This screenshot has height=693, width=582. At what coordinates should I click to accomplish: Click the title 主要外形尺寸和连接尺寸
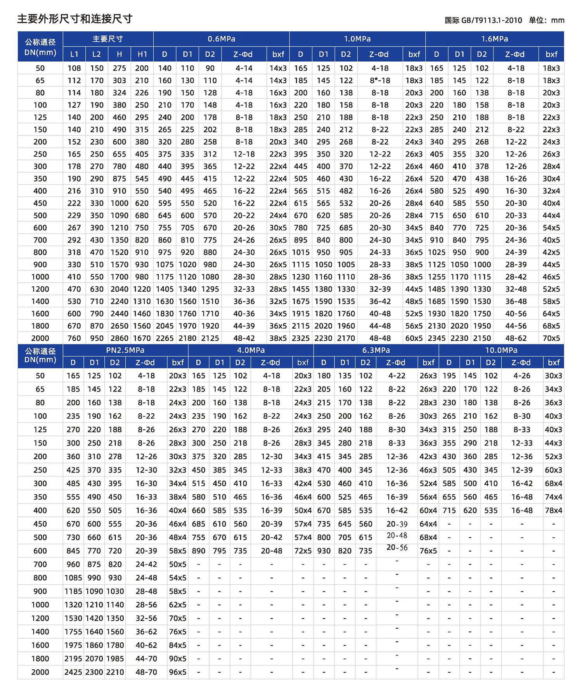(x=75, y=19)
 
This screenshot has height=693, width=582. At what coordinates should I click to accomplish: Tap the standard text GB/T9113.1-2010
(x=491, y=20)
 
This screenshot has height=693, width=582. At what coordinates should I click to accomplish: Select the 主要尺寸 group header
(x=108, y=39)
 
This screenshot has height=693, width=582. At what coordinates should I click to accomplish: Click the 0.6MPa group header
(x=221, y=39)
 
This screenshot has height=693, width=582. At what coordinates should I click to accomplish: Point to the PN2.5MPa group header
(x=125, y=350)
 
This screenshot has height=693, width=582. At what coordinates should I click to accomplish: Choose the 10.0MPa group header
(x=501, y=350)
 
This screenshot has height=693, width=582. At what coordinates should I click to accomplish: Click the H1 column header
(x=142, y=54)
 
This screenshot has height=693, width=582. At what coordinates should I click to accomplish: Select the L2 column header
(x=97, y=54)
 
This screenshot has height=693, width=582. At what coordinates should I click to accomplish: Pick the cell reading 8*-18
(x=380, y=80)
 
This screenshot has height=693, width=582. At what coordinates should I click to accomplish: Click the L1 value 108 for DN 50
(x=74, y=68)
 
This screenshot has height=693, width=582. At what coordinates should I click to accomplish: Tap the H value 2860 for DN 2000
(x=119, y=338)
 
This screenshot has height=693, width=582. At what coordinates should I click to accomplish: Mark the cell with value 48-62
(x=516, y=338)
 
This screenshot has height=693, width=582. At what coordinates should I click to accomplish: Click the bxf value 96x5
(x=178, y=672)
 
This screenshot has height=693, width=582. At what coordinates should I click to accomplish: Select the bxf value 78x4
(x=553, y=510)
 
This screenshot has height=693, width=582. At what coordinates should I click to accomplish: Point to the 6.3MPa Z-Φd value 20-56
(x=397, y=547)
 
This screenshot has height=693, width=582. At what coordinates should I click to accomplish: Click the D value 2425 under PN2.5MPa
(x=73, y=672)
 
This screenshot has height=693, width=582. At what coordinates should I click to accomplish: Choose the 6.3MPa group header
(x=376, y=350)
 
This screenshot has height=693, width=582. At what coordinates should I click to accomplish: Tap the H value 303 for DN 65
(x=119, y=80)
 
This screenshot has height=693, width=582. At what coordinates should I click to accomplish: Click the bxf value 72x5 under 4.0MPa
(x=303, y=551)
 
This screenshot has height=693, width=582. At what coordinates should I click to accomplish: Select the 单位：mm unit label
(x=546, y=20)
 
